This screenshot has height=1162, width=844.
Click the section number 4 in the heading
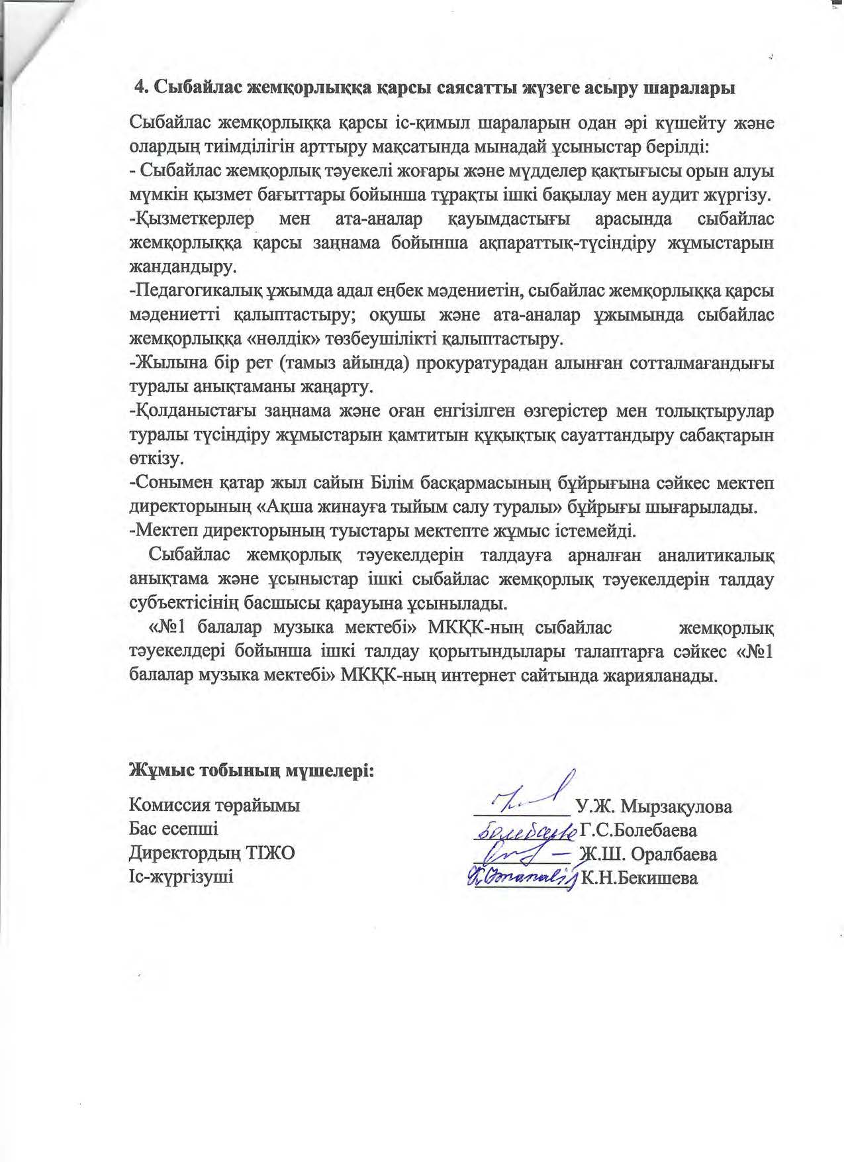[140, 88]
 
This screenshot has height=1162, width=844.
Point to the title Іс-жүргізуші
[181, 877]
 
